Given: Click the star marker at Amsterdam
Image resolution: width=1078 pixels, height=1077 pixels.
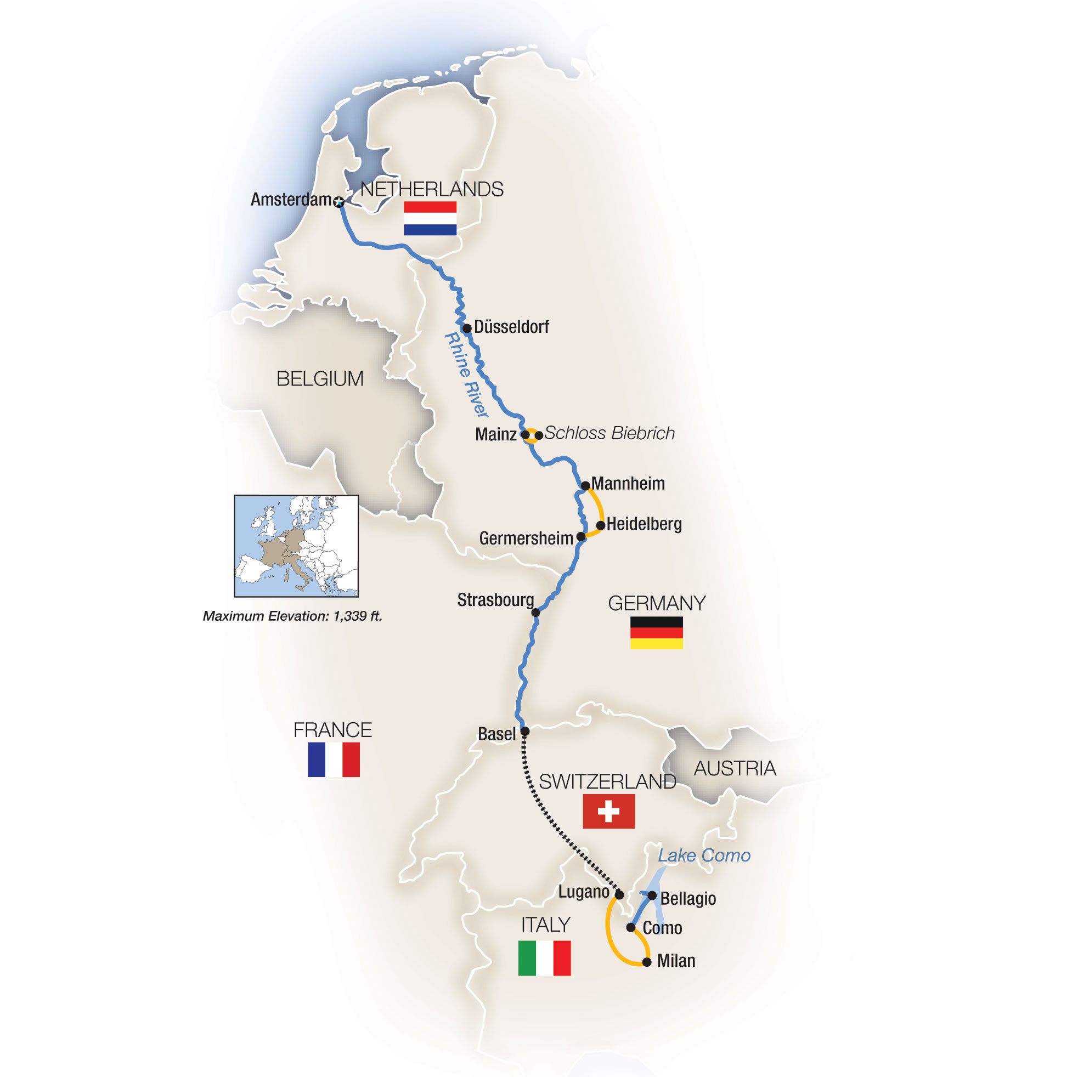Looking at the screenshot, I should point(338,201).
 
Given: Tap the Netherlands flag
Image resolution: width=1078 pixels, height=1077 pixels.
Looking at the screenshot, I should point(430,218).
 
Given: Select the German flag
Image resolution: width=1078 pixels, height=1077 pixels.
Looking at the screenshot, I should point(656,632).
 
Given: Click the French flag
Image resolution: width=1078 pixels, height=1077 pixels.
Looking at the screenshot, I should point(333,759).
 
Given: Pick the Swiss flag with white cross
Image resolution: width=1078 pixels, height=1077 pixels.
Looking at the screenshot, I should point(608,811).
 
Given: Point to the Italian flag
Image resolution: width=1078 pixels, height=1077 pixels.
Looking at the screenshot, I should point(544,957).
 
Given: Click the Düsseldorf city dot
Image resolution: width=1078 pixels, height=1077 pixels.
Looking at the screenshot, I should point(467,328).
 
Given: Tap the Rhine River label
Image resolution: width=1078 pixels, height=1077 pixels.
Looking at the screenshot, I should point(466,375).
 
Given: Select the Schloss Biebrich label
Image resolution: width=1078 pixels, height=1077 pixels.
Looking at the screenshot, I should point(609,433).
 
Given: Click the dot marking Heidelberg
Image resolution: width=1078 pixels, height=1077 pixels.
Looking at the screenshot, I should point(600,525).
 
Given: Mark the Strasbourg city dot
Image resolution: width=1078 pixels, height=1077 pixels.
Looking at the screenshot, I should point(535,613).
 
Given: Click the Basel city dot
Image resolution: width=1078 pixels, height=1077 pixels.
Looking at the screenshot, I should point(524,731).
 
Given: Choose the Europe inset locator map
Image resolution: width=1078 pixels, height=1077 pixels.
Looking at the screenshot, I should point(296,546).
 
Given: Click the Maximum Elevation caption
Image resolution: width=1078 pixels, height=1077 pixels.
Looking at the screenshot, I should point(292,616).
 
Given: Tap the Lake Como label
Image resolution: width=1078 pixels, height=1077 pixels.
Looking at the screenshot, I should point(704,855).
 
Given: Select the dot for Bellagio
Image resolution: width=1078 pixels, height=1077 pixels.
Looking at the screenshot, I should point(652,895).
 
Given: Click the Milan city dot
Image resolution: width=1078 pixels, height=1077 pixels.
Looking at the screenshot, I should point(647,962).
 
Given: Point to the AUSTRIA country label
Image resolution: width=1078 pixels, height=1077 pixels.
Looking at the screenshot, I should point(734,769).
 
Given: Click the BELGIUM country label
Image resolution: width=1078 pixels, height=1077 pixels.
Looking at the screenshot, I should point(320,379).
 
